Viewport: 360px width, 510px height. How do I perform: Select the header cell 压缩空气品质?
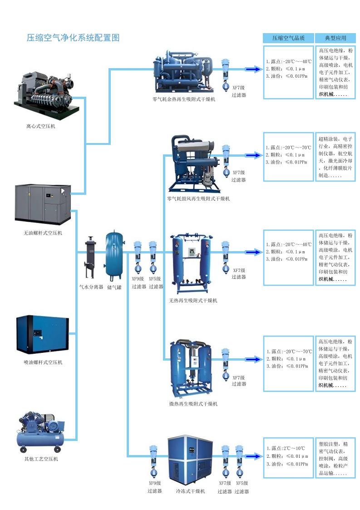coord(288,38)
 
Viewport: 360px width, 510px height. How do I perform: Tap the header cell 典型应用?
coord(335,38)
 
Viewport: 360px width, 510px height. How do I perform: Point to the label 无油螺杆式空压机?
coord(43,233)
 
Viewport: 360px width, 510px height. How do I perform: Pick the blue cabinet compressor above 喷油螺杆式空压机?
coord(43,334)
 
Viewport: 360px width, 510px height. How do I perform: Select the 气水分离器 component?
coord(90,257)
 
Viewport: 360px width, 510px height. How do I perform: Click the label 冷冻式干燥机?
coord(190,491)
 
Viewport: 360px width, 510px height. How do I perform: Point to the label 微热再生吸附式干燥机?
coord(193,404)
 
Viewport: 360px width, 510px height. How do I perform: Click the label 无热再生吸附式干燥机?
coord(193,301)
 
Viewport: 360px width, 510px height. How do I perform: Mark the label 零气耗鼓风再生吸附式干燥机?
coord(198,198)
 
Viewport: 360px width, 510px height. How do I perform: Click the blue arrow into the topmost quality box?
coord(253,69)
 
